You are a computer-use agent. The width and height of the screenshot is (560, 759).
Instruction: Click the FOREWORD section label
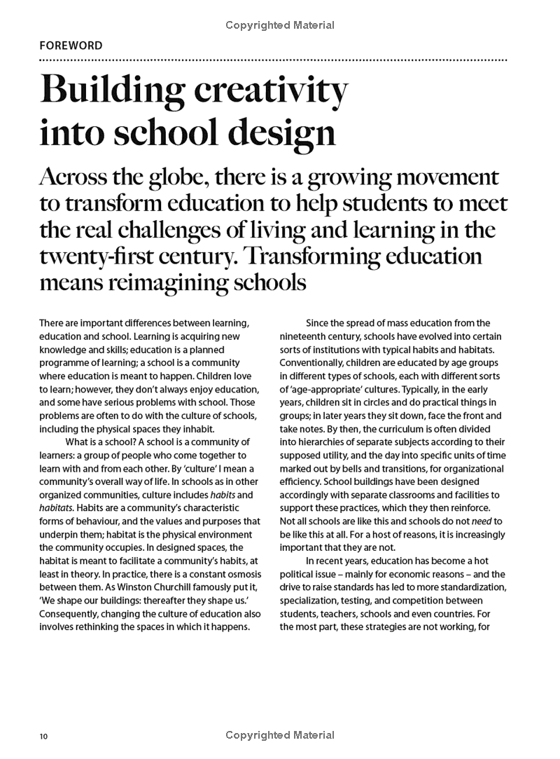[71, 46]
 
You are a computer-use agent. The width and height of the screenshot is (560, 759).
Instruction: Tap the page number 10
[43, 736]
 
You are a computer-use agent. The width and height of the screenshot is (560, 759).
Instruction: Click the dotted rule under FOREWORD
[273, 60]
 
